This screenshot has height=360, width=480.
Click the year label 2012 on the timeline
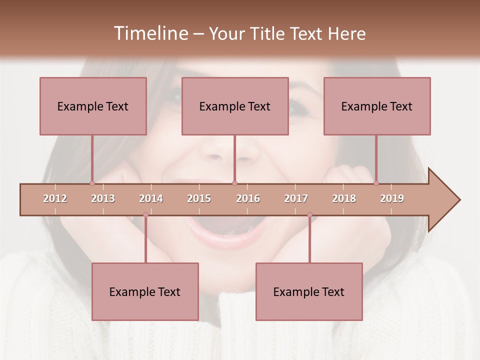pos(55,199)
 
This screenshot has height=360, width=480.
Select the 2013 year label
pos(103,199)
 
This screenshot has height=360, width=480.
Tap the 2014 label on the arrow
pos(151,199)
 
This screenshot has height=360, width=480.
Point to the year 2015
pos(199,199)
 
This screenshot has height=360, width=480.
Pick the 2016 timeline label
pos(248,199)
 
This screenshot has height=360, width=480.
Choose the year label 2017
pos(296,199)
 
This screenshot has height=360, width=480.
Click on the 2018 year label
pos(344,199)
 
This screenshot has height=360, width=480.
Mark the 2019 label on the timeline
pos(392,199)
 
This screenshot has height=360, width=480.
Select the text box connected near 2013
pos(93,106)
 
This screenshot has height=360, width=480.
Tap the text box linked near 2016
pos(235,106)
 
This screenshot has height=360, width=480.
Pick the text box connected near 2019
pos(377,106)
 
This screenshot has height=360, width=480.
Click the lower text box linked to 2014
pos(145,291)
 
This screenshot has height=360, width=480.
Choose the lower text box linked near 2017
pos(309,291)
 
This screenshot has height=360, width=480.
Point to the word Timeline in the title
pos(150,33)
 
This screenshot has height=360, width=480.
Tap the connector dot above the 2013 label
pos(92,183)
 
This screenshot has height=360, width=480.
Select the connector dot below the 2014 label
pos(145,215)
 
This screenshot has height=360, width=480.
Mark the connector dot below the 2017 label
pos(309,215)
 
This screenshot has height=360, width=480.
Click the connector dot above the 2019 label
pos(376,183)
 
